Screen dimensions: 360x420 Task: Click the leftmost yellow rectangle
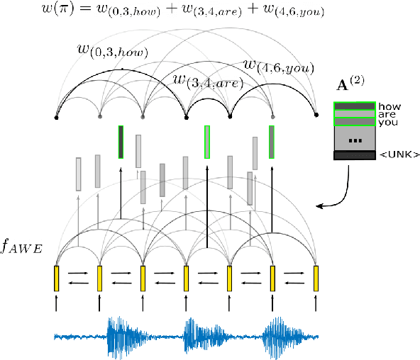pyautogui.click(x=57, y=279)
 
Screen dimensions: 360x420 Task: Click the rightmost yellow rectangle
pyautogui.click(x=316, y=279)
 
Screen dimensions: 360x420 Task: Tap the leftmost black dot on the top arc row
pyautogui.click(x=57, y=116)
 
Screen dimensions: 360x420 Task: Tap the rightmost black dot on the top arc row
pyautogui.click(x=316, y=116)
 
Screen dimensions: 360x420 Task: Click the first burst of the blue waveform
pyautogui.click(x=121, y=336)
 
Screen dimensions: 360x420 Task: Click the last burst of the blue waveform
pyautogui.click(x=277, y=336)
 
